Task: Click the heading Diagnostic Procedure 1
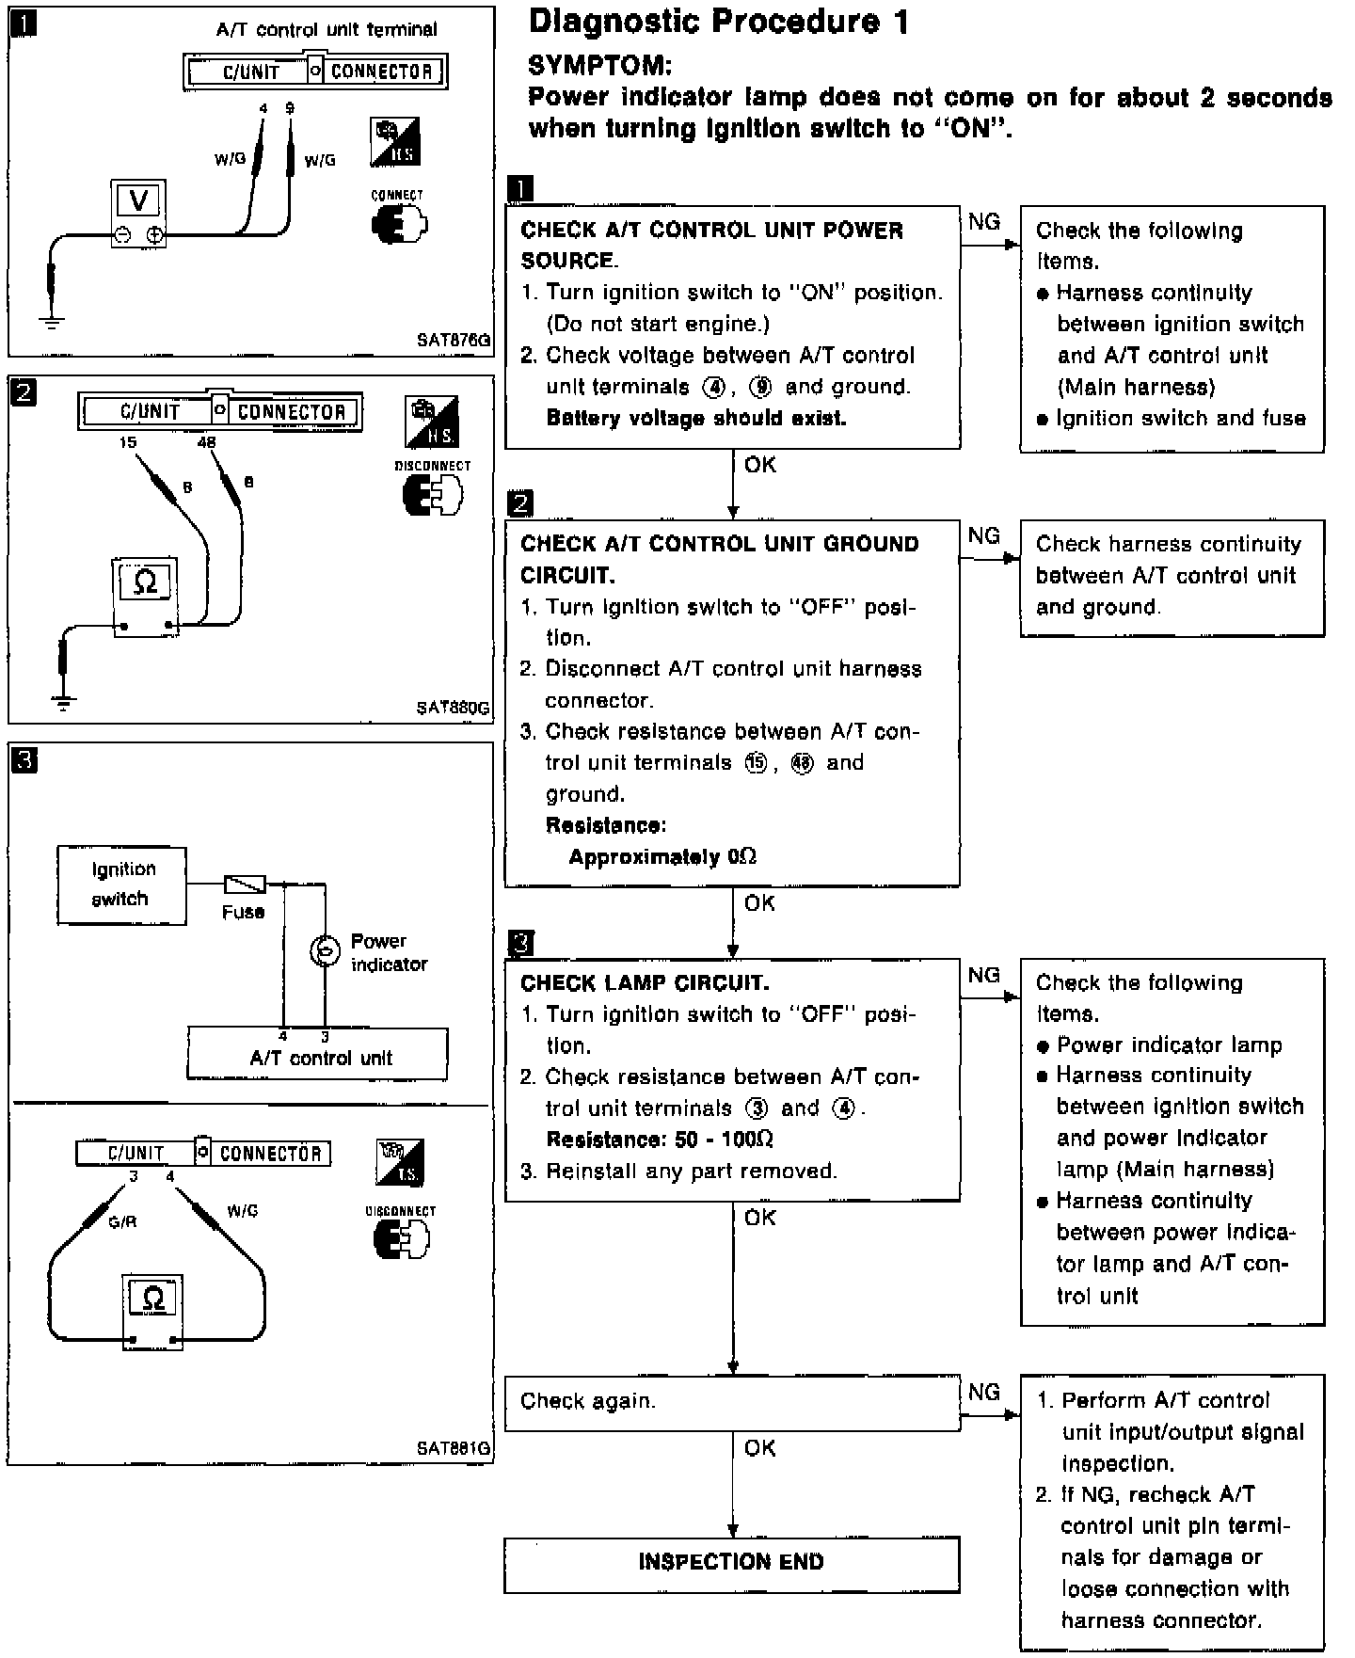point(719,23)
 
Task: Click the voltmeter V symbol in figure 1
point(138,200)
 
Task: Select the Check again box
point(731,1402)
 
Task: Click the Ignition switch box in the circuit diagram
point(121,885)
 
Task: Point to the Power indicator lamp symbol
point(325,952)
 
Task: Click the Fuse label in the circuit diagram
point(243,912)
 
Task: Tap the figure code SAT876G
point(454,341)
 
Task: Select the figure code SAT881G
point(454,1448)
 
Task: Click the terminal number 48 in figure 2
point(207,442)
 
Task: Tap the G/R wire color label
point(122,1222)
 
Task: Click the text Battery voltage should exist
point(696,418)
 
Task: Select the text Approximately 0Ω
point(662,857)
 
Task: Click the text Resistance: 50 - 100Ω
point(660,1140)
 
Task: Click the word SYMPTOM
point(600,65)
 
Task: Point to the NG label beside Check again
point(984,1392)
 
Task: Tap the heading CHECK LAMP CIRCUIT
point(645,983)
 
